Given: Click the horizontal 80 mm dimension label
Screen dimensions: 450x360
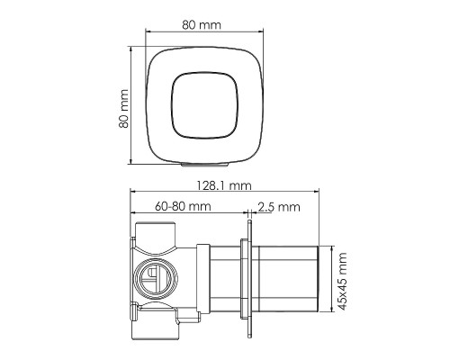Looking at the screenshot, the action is [202, 25].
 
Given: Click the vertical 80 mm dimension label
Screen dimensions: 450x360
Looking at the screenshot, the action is [123, 109].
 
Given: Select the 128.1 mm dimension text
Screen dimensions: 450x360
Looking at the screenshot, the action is [224, 185].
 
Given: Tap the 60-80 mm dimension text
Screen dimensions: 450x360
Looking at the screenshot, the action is [183, 206].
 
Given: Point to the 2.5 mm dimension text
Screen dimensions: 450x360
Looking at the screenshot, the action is [279, 207].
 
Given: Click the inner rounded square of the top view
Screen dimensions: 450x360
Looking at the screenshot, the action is [204, 105].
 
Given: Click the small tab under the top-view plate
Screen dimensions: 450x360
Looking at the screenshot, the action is [205, 164].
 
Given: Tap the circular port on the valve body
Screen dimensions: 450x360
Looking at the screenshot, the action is [156, 279].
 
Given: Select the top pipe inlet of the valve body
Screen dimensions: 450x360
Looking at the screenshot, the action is [155, 234].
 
